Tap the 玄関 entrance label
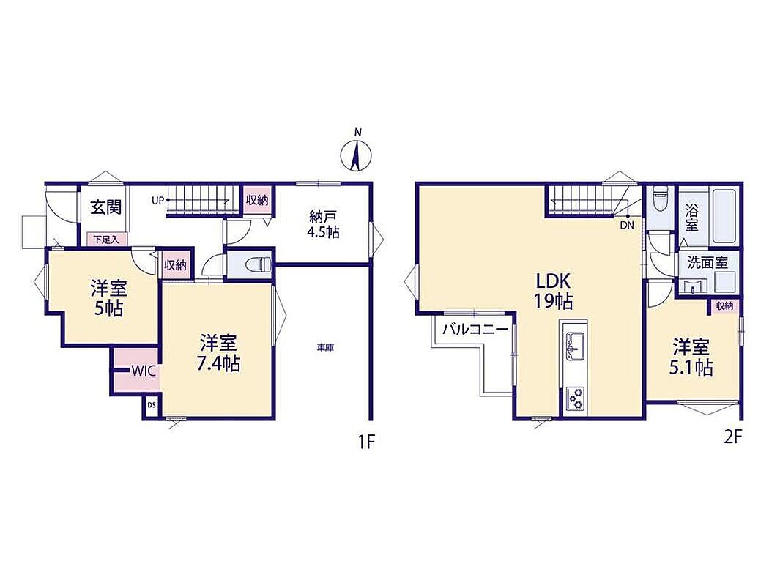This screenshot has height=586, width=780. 105,207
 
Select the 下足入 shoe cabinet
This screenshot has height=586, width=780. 107,240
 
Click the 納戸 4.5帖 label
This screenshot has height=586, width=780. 323,224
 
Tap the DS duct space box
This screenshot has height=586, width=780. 152,405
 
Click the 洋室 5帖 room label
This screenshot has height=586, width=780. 109,298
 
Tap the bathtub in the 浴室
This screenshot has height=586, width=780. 724,217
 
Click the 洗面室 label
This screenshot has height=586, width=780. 707,263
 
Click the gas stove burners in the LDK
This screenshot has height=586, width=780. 575,398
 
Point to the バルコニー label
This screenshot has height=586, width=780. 475,330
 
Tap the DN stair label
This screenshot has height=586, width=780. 627,225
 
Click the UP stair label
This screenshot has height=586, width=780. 157,201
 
